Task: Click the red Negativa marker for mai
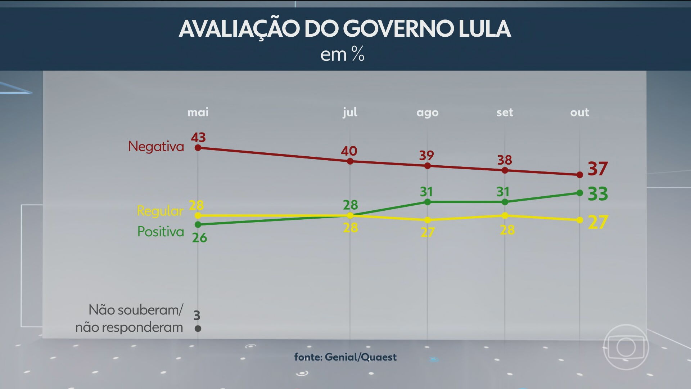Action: pos(198,148)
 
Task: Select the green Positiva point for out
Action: pos(579,193)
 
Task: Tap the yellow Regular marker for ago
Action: pos(428,220)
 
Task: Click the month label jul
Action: pos(350,112)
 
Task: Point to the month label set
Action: pos(505,112)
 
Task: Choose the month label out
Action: pos(579,112)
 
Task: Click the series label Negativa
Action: pos(156,147)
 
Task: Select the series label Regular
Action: pos(160,211)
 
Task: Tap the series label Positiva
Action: pos(161,232)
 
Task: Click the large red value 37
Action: pos(597,169)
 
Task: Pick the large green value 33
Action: pos(597,194)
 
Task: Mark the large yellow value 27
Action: pos(597,222)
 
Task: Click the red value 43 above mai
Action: pos(198,137)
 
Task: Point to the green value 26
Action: pos(199,238)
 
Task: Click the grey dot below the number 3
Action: pos(198,328)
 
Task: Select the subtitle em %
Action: pos(342,55)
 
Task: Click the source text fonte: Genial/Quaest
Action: pos(345,357)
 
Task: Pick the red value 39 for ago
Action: pos(426,156)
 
